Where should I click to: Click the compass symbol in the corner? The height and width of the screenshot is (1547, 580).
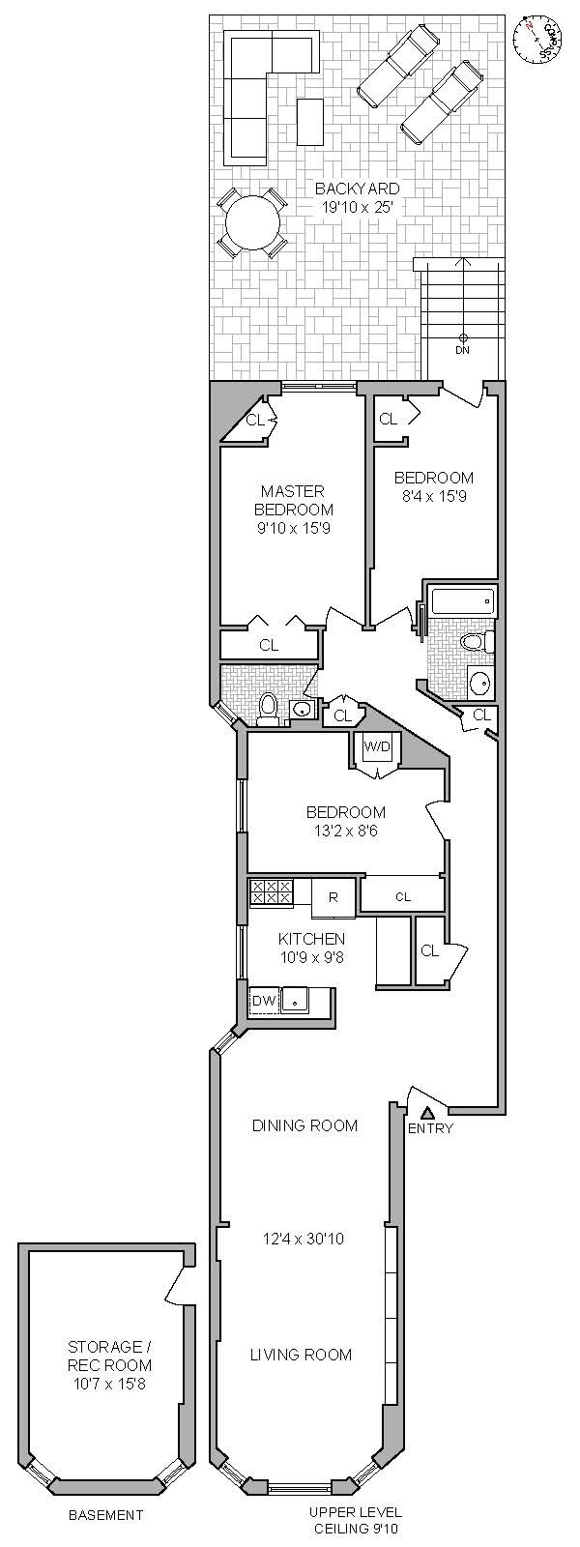538,38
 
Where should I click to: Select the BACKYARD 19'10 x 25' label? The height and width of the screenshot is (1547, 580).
357,197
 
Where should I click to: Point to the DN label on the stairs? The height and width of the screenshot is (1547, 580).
462,350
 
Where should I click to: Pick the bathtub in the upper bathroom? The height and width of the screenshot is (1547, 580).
463,602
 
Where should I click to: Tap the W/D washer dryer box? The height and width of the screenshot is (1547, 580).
376,746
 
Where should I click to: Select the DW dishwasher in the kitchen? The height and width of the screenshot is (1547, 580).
264,1001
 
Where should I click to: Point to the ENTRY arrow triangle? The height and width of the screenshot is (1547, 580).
427,1114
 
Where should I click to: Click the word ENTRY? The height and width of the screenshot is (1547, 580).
430,1128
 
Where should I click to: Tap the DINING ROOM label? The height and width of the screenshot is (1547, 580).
304,1125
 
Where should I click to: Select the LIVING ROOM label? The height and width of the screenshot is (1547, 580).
301,1355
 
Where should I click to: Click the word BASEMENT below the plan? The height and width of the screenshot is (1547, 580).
105,1515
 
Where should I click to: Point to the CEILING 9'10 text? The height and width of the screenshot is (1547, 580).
357,1529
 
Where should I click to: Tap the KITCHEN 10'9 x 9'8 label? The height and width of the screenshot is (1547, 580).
311,948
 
